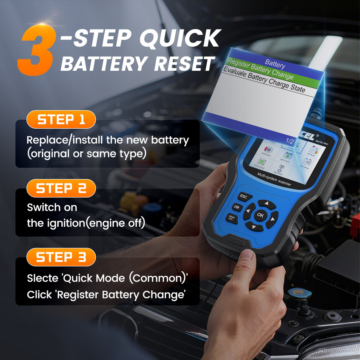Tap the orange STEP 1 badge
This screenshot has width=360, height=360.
click(61, 120)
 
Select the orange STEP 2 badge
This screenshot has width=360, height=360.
click(61, 188)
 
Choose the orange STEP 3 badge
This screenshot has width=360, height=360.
click(61, 257)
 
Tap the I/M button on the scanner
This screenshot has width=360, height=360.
click(237, 207)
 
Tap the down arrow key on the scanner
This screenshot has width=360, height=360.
click(254, 226)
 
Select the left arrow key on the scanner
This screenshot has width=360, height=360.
click(249, 211)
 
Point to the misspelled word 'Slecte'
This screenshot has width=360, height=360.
click(42, 278)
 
